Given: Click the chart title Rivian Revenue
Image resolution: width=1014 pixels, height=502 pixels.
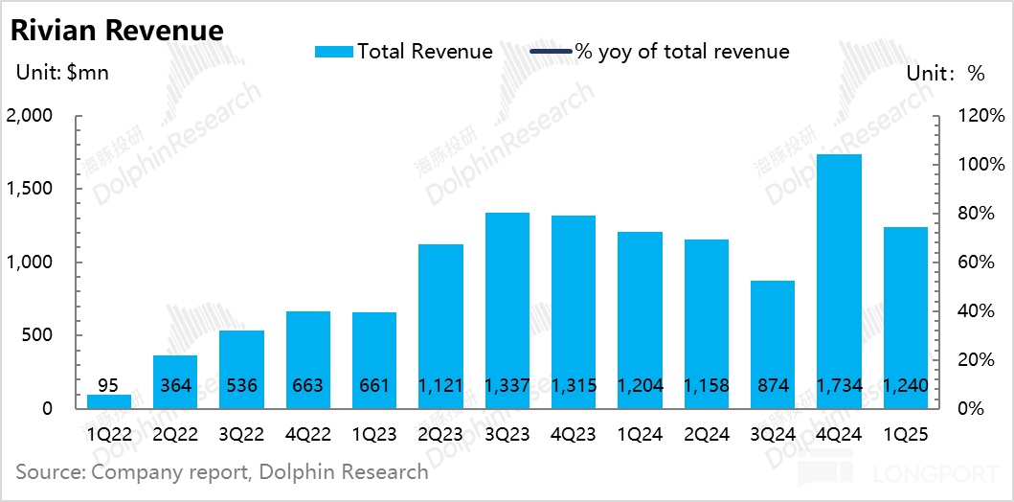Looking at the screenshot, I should click(x=117, y=30).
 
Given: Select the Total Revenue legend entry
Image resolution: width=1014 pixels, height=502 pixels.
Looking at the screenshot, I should click(x=403, y=52).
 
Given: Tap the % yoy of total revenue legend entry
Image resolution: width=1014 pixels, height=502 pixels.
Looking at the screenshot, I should click(x=660, y=52).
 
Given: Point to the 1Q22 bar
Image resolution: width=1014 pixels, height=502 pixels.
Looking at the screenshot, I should click(x=109, y=401).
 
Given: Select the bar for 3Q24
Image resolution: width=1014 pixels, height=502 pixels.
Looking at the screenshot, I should click(x=773, y=344).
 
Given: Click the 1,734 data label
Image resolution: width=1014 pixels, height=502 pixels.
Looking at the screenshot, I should click(x=839, y=386).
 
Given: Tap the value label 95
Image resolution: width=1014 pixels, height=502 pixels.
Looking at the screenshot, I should click(x=109, y=386).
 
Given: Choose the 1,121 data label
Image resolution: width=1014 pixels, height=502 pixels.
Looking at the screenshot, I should click(x=441, y=386).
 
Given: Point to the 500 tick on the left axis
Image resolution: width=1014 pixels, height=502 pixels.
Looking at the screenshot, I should click(x=41, y=335).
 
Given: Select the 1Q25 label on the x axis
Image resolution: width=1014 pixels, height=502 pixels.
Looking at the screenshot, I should click(x=905, y=434).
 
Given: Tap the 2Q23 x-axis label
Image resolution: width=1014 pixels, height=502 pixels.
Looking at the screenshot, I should click(x=441, y=434).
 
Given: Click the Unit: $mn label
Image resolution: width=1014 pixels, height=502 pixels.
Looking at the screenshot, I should click(x=62, y=75).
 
